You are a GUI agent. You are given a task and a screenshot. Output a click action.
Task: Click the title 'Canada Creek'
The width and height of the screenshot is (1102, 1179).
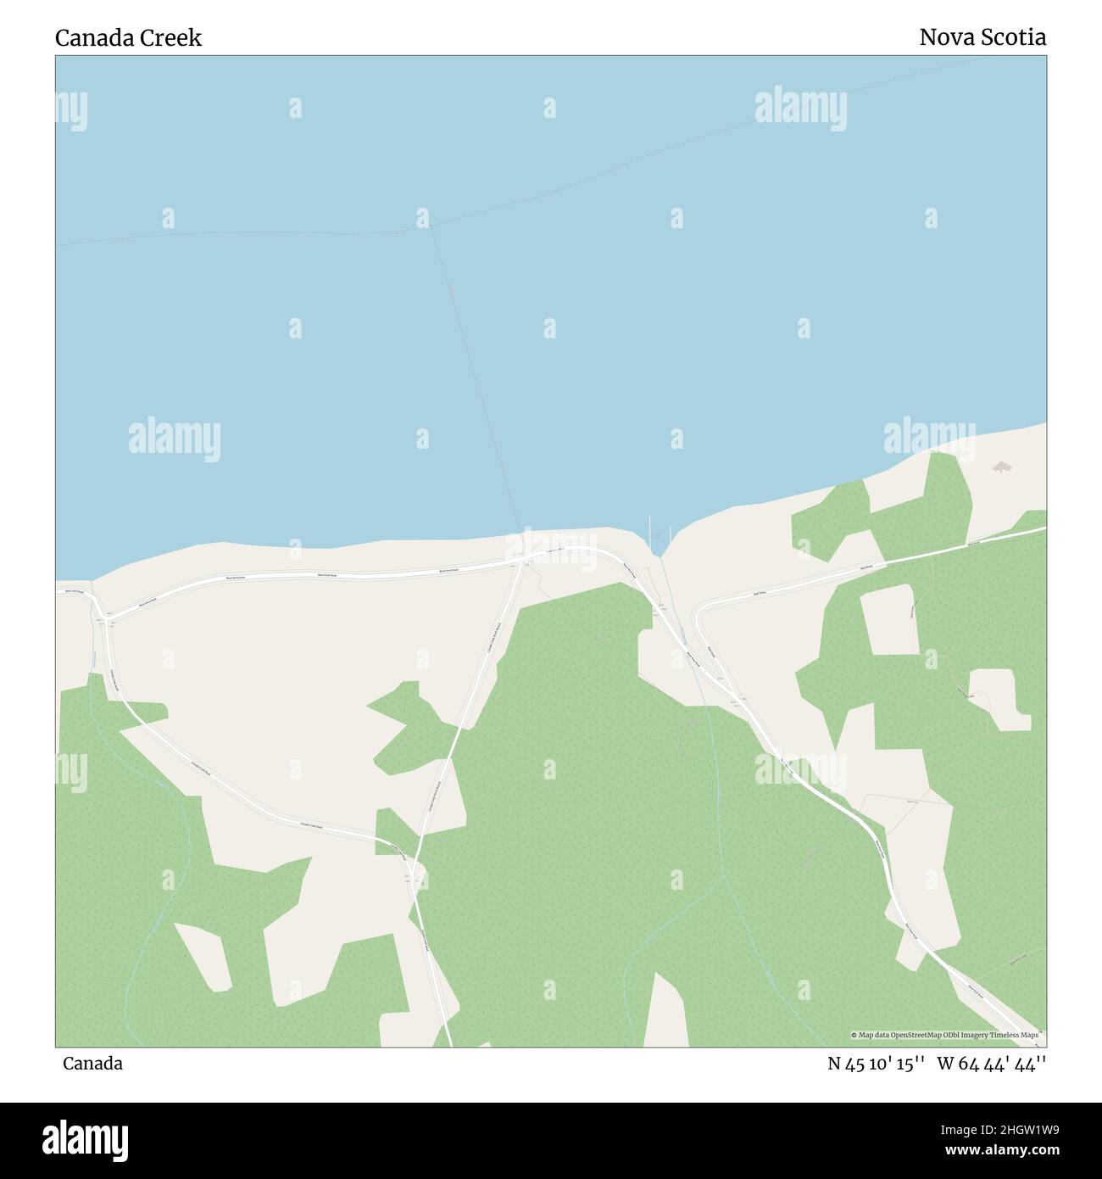[128, 38]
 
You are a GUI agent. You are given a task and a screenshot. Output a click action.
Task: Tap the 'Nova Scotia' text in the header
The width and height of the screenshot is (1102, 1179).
[982, 37]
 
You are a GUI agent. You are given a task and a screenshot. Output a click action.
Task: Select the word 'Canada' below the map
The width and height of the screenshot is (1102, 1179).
[92, 1064]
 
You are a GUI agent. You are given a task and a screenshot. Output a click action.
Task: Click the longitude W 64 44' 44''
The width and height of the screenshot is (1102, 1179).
[991, 1064]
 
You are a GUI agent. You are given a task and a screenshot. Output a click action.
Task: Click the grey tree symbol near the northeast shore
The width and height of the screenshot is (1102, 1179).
[1002, 467]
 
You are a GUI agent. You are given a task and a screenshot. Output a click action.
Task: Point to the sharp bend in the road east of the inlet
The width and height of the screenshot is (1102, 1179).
[698, 609]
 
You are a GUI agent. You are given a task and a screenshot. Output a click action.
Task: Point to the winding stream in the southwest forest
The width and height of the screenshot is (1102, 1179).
[153, 899]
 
